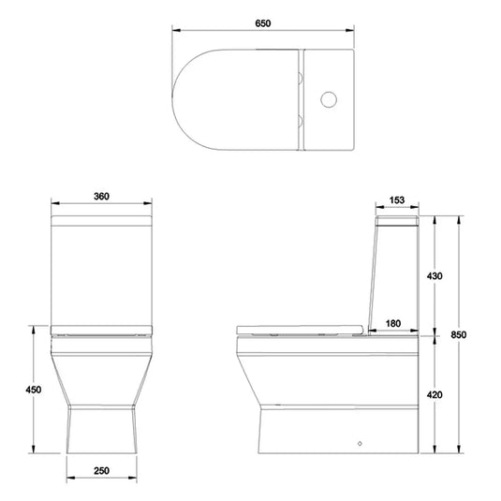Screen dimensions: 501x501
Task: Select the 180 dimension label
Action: tap(393, 323)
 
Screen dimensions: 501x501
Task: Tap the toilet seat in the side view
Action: tap(300, 329)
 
